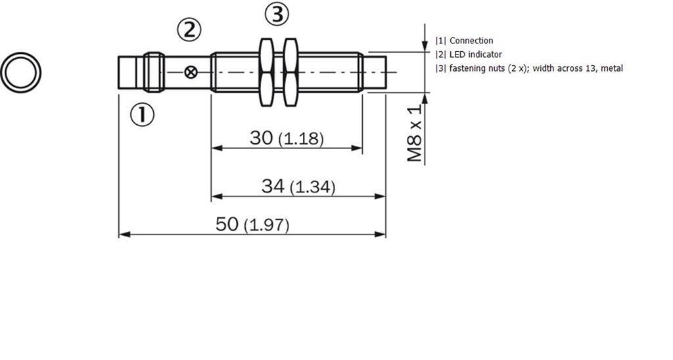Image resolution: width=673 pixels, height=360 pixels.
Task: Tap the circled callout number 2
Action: pos(189,30)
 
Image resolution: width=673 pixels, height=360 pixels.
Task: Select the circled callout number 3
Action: pos(277,14)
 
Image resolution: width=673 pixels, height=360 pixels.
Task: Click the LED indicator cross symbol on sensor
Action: pos(191,72)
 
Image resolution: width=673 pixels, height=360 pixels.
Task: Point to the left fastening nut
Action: pos(267,72)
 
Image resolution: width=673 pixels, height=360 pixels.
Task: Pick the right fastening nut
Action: pos(290,72)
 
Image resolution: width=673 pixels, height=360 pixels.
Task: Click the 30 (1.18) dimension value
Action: pos(287,138)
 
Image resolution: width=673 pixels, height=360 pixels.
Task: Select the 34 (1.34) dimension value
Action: pos(298,187)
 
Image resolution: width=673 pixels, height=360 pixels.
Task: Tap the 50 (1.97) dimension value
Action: pos(252,225)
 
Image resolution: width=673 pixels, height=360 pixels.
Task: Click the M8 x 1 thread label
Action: pos(415,133)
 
